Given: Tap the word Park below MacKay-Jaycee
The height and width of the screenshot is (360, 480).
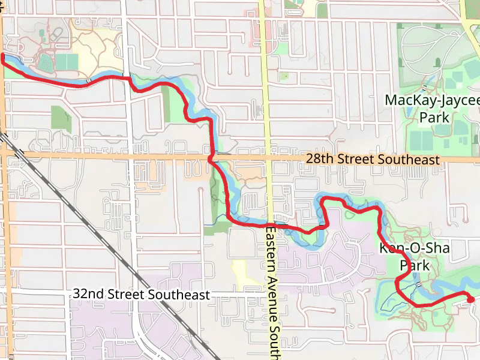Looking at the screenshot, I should pyautogui.click(x=434, y=118).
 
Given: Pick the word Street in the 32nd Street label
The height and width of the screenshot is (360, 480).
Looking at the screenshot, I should pyautogui.click(x=127, y=295).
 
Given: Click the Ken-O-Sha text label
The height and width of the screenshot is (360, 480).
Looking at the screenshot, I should pyautogui.click(x=414, y=248).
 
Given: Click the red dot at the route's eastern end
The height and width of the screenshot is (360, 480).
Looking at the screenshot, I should pyautogui.click(x=470, y=299).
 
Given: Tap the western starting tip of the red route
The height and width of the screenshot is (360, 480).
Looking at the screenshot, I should pyautogui.click(x=2, y=57).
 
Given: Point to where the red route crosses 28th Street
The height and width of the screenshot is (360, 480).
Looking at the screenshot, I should pyautogui.click(x=211, y=158).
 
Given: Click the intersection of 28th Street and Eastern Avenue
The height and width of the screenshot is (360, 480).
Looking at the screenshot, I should pyautogui.click(x=267, y=157).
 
